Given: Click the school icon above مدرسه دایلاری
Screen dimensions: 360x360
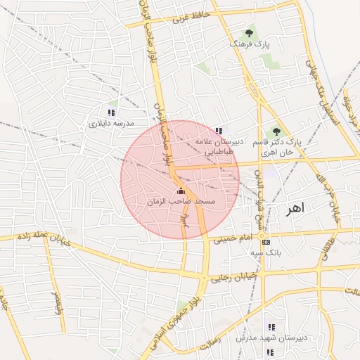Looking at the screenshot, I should coord(110,112).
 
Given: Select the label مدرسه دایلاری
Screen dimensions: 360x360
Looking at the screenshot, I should coord(110,123).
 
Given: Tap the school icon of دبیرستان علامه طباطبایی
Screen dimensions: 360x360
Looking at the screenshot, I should coord(219,131).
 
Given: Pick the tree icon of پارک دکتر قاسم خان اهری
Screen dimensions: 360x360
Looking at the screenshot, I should coord(276,131).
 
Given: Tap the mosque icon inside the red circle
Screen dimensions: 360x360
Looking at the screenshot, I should coord(181,191).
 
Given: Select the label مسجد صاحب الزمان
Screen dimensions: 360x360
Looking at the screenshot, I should coord(180,202).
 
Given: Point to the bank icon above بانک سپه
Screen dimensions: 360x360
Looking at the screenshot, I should coord(265,242).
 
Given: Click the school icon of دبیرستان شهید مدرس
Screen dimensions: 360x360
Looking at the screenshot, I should coord(271,327).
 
